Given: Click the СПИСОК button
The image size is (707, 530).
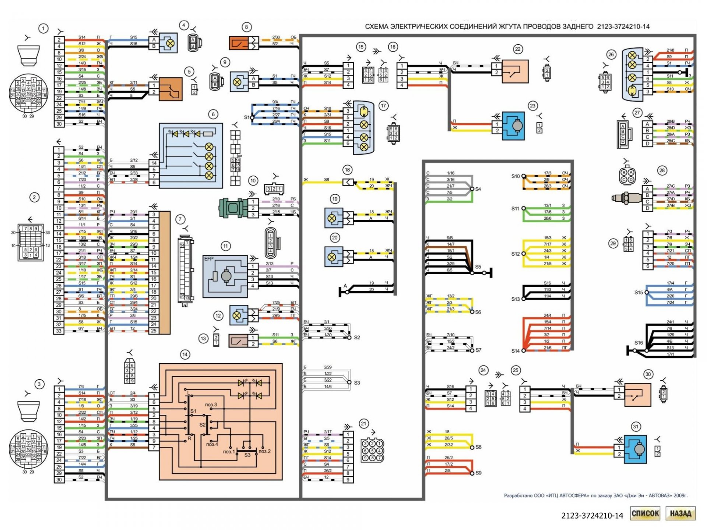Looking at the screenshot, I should tap(645, 513).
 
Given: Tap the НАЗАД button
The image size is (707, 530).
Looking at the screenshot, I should tap(680, 513).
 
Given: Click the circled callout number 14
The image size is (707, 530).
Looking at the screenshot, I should tap(185, 354).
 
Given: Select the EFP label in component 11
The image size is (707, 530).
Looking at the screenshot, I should tap(209, 259).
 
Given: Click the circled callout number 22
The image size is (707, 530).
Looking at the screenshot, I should tap(518, 49).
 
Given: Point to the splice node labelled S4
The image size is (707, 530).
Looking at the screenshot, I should tap(472, 189).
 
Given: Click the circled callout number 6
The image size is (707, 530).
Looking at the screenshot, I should tap(213, 114).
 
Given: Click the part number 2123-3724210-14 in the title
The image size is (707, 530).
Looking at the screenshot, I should tap(623, 26).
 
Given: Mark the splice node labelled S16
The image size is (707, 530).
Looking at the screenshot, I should tap(634, 351).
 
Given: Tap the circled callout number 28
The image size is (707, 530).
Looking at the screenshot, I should tap(662, 170).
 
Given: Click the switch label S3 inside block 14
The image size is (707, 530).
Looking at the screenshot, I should tap(247, 455).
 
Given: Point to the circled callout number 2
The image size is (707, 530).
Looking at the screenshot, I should tap(35, 197).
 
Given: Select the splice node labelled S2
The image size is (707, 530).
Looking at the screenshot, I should tap(349, 338).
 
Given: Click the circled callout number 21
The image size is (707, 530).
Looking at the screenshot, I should tap(363, 424).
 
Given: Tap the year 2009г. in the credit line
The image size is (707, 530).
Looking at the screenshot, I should tap(680, 496).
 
